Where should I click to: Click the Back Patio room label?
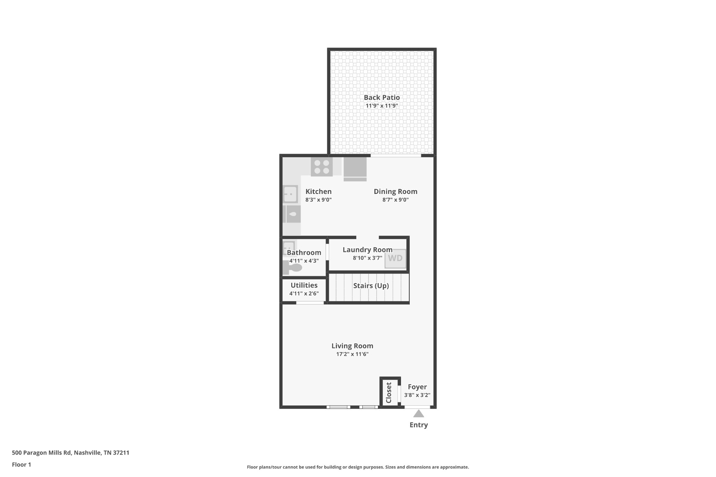tap(382, 97)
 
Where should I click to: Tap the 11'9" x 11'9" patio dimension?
tap(382, 106)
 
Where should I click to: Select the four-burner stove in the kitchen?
tap(322, 167)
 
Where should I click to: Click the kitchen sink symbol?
tap(290, 194)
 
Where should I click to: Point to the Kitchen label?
tap(318, 191)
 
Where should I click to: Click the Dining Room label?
tap(395, 191)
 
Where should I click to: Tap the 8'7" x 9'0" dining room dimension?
tap(395, 200)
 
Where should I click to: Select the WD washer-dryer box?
tap(395, 258)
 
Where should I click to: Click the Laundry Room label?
tap(367, 250)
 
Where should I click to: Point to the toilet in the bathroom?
tap(293, 268)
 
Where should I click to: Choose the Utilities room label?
tap(304, 285)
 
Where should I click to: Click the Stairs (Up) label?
tap(371, 286)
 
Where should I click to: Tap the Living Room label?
tap(352, 346)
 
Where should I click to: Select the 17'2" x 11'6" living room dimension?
tap(352, 354)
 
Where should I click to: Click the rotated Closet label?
tap(389, 393)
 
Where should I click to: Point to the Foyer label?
tap(417, 387)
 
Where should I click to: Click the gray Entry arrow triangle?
tap(418, 414)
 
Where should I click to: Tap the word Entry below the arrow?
tap(419, 425)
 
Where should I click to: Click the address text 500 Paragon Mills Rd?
tap(42, 453)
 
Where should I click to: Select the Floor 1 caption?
tap(22, 465)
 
